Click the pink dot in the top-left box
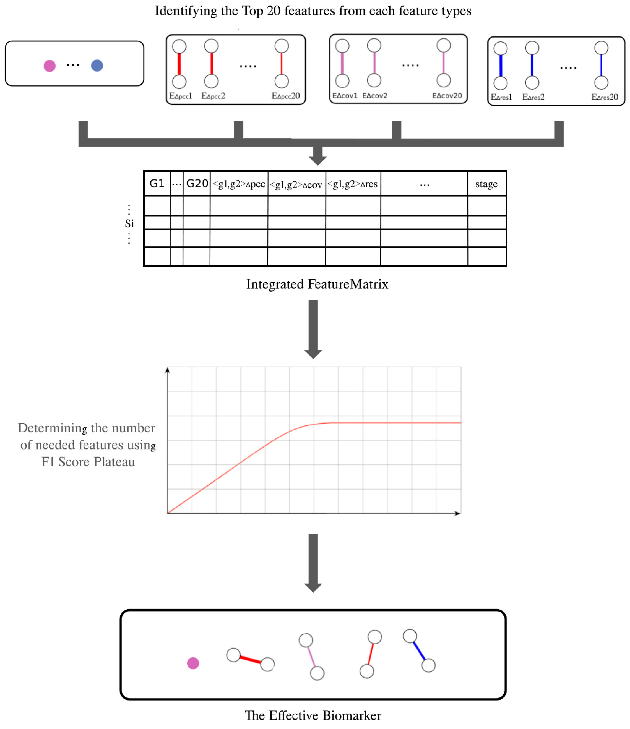tap(50, 66)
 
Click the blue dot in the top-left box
tap(97, 66)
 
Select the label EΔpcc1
tap(181, 96)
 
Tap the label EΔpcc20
tap(286, 96)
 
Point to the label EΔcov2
tap(375, 96)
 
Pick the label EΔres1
tap(501, 97)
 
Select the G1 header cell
tap(157, 184)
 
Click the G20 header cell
tap(197, 184)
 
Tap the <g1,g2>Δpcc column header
tap(239, 184)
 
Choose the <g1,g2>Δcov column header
tap(296, 185)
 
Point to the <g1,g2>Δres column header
tap(353, 184)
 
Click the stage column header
tap(487, 184)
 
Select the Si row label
tap(129, 223)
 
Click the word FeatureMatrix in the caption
tap(348, 284)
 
